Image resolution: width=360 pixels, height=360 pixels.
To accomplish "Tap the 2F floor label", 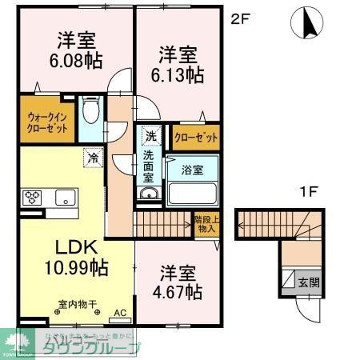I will coord(241,18).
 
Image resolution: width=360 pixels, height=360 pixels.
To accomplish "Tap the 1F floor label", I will coord(310,193).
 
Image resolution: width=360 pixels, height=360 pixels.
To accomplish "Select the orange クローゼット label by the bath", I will coord(196,137).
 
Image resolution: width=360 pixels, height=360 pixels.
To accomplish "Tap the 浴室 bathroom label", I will coord(192,170).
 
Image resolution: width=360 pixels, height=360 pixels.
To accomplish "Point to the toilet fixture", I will coord(92,110).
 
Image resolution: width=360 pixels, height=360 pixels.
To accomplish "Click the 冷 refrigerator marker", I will coord(91,158).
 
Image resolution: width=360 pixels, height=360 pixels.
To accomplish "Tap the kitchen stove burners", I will coord(35,196).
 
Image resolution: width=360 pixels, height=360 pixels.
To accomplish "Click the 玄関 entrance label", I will coord(308,282).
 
